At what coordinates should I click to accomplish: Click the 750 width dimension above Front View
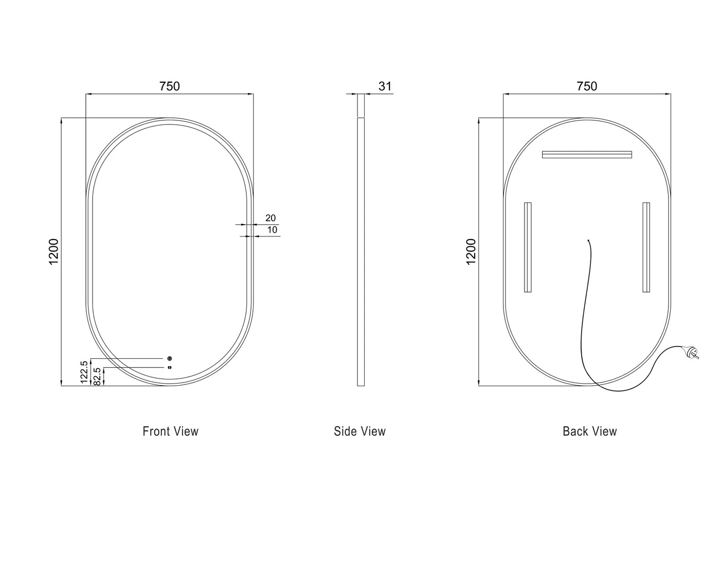(170, 86)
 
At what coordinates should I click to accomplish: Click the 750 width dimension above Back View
(587, 86)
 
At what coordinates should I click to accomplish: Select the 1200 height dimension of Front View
(54, 252)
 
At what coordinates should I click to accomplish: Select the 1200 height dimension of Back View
(471, 252)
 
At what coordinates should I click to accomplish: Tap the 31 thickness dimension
(385, 86)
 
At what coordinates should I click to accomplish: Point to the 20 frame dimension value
(271, 218)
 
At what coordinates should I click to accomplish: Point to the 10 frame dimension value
(272, 230)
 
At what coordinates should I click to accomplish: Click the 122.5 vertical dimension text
(85, 372)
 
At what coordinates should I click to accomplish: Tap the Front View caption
(170, 431)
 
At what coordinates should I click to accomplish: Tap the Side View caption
(359, 431)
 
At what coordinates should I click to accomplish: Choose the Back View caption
(589, 431)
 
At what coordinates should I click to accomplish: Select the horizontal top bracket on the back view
(587, 154)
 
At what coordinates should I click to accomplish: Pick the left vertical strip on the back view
(528, 247)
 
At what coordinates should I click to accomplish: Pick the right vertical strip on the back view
(646, 247)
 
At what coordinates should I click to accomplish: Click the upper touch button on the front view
(169, 358)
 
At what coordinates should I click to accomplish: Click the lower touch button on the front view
(169, 367)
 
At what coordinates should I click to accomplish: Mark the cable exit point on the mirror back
(589, 240)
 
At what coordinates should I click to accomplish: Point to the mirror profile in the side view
(361, 252)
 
